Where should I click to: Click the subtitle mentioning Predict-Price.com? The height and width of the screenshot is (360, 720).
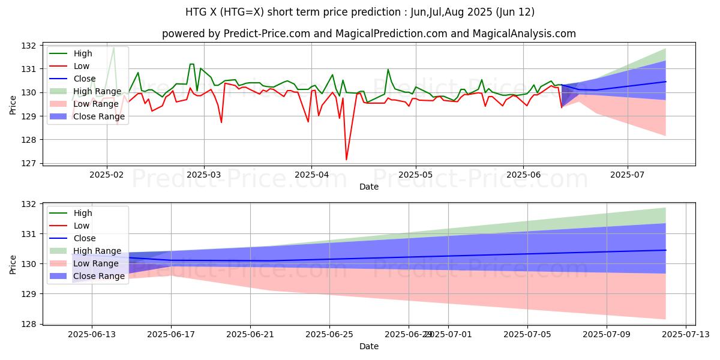click(368, 34)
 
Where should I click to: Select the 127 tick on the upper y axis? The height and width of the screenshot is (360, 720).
click(32, 163)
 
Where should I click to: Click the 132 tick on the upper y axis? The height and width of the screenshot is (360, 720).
click(32, 46)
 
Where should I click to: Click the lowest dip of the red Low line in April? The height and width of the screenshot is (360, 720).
click(346, 160)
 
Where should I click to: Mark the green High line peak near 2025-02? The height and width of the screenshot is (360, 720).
click(113, 47)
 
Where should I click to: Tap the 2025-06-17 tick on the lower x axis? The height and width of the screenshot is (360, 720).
click(171, 336)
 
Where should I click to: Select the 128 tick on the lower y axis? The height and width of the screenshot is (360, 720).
click(32, 324)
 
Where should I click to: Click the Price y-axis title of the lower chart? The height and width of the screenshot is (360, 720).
click(14, 264)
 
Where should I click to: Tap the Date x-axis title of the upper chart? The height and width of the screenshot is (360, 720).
click(368, 187)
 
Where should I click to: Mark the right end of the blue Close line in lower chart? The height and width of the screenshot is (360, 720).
click(665, 250)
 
